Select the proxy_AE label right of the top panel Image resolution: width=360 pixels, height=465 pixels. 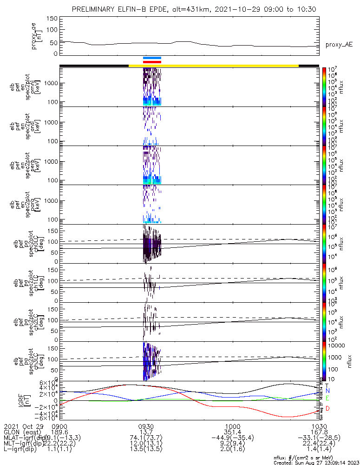click(339, 45)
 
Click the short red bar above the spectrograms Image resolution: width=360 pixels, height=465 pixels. click(152, 61)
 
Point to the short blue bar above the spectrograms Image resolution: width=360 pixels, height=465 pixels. click(152, 58)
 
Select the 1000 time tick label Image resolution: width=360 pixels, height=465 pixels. click(232, 426)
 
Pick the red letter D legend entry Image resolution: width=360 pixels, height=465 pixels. click(327, 408)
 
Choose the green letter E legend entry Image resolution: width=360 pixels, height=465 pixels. click(327, 399)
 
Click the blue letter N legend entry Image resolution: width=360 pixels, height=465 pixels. click(327, 391)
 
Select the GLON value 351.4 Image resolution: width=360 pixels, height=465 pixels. click(232, 432)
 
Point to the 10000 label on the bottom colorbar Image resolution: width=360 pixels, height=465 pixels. click(335, 346)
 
